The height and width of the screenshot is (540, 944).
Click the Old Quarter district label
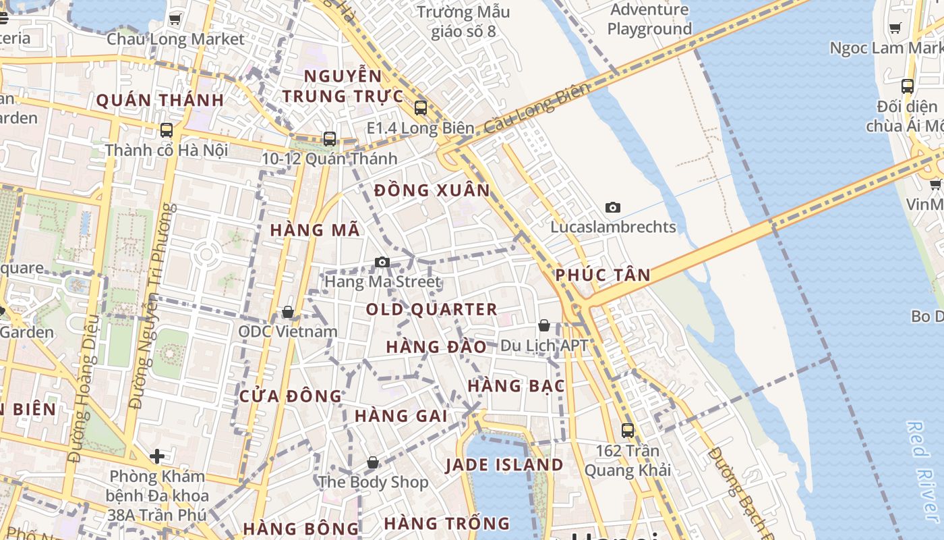pos(432,310)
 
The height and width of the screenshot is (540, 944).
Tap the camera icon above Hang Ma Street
pos(382,262)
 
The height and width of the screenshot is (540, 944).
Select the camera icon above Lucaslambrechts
pos(612,207)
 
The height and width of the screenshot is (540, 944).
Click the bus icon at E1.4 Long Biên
pos(421,107)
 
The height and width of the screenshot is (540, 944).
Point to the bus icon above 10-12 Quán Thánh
pos(330,139)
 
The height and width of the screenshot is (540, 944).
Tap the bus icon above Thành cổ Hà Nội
pos(166,130)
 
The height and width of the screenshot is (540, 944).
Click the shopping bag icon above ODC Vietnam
pos(288,312)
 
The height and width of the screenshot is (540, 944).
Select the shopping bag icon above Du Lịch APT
pos(544,325)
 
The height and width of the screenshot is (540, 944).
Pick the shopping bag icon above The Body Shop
pos(372,462)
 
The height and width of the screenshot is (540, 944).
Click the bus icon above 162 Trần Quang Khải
pos(628,430)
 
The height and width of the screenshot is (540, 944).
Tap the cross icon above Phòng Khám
pos(157,456)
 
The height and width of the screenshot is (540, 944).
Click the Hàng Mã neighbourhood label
pos(315,230)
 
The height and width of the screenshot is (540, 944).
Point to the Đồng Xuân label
pos(432,190)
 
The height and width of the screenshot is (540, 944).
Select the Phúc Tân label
pos(603,275)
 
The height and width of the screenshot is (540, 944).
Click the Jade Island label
pos(504,465)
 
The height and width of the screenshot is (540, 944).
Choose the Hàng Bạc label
pos(517,386)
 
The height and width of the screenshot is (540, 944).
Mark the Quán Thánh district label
pos(160,101)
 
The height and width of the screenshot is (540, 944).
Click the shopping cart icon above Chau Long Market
pos(175,20)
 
